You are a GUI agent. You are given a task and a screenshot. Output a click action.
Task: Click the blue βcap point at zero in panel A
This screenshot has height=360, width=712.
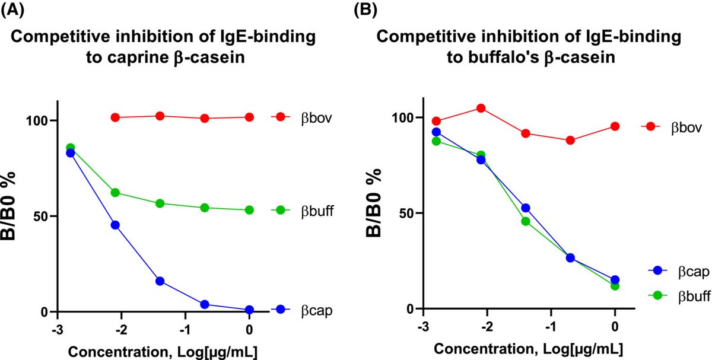(249, 310)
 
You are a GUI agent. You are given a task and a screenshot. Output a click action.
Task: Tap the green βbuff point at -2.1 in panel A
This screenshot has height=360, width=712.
(115, 193)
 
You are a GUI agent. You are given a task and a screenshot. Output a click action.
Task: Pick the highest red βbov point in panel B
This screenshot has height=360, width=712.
(481, 108)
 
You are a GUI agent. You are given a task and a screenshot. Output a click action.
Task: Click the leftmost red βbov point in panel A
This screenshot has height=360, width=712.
(115, 117)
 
